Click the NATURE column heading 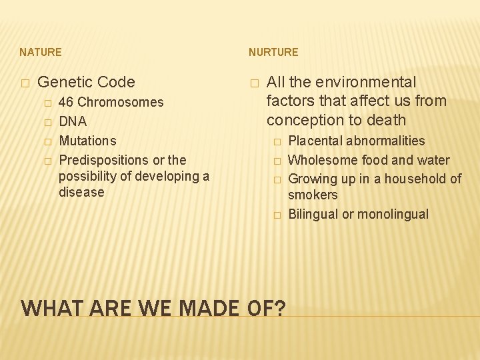point(41,52)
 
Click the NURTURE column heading point(273,52)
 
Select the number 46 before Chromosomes point(67,103)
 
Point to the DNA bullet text point(73,122)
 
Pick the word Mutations point(87,141)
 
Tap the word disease point(81,192)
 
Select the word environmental point(366,83)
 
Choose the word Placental point(315,141)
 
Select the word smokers point(313,195)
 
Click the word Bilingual point(313,215)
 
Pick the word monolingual point(393,215)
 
